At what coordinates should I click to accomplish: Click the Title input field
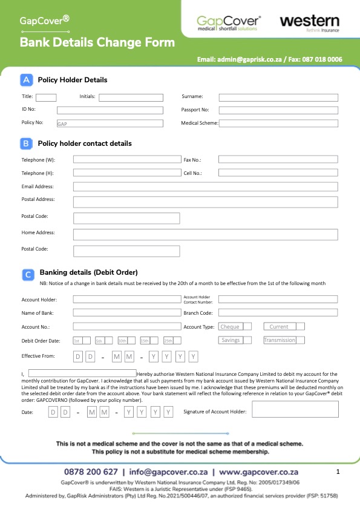[46, 97]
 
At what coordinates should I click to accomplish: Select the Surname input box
[278, 97]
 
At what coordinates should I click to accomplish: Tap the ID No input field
[110, 110]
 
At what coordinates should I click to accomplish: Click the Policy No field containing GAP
[110, 123]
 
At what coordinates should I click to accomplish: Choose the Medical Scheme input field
[278, 123]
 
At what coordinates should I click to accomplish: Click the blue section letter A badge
[27, 79]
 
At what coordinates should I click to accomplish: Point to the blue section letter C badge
[28, 274]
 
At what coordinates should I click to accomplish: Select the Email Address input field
[205, 186]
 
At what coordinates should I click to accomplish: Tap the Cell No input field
[278, 173]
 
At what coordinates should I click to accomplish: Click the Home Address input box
[205, 234]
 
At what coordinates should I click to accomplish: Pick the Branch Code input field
[278, 313]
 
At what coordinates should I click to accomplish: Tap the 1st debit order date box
[82, 341]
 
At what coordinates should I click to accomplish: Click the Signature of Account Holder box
[295, 409]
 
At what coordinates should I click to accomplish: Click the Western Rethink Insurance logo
[309, 23]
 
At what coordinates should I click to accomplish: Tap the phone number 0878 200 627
[91, 471]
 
